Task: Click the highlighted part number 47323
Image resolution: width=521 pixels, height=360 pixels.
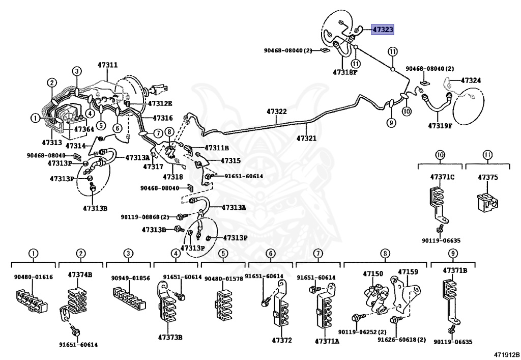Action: (x=383, y=30)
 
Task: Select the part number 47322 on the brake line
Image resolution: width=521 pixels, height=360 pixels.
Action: (x=276, y=112)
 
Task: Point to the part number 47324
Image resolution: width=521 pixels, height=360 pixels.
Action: (x=471, y=80)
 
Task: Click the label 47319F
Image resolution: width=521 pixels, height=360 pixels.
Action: (x=440, y=125)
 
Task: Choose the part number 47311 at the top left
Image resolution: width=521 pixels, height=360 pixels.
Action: (x=107, y=65)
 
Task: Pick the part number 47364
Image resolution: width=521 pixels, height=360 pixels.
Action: (x=84, y=129)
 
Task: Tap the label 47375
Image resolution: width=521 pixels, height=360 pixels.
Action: (x=487, y=177)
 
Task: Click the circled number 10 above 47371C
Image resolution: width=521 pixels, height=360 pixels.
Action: (x=440, y=155)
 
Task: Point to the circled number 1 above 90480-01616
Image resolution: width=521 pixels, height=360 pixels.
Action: (x=33, y=253)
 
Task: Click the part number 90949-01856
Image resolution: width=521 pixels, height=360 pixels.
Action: (x=131, y=278)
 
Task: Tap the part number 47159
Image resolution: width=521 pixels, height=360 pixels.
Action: (x=408, y=272)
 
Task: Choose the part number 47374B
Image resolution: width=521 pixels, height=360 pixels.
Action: (x=80, y=274)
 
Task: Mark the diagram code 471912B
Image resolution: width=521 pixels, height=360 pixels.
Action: (x=506, y=354)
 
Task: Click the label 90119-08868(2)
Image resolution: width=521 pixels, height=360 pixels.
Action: (x=144, y=217)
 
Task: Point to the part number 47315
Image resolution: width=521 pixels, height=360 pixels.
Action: (x=230, y=160)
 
